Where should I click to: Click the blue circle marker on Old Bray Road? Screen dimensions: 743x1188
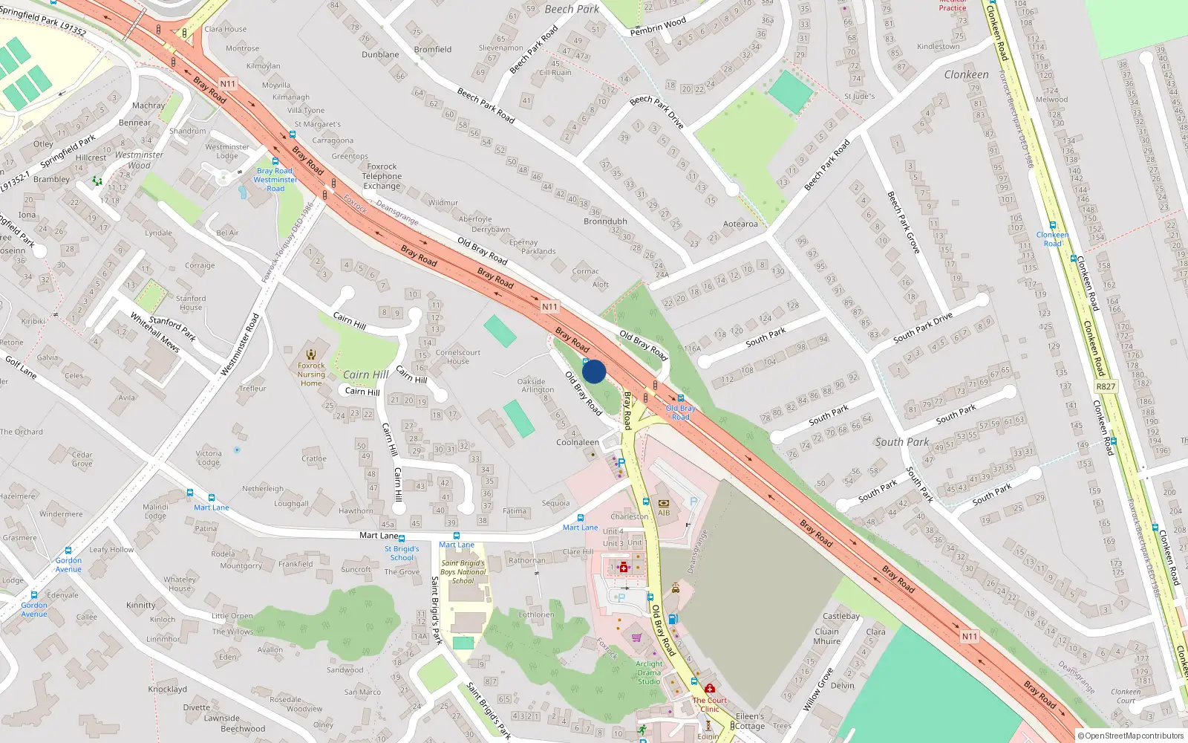point(594,371)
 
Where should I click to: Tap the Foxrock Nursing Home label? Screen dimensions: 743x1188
point(311,374)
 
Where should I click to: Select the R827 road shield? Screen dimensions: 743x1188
point(1106,386)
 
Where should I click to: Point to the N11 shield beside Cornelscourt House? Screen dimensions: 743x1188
point(549,307)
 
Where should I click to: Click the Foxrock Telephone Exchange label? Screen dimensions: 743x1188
point(382,177)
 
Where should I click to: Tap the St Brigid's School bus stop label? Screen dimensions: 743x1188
point(402,553)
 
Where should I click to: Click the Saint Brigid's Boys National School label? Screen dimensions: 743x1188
point(463,571)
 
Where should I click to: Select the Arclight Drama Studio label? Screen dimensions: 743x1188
point(649,672)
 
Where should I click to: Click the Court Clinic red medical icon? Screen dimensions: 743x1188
point(710,689)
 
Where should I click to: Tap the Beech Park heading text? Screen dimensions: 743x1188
point(572,10)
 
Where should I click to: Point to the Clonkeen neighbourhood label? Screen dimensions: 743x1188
point(966,75)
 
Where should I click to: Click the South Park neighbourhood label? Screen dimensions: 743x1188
point(901,442)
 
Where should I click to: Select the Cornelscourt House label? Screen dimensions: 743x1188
point(458,357)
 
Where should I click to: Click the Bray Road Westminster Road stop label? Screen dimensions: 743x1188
point(275,180)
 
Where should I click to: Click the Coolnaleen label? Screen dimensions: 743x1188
point(578,442)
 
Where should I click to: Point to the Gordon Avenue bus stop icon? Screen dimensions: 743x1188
point(68,551)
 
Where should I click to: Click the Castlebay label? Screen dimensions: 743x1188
point(841,616)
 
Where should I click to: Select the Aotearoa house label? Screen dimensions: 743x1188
point(740,224)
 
